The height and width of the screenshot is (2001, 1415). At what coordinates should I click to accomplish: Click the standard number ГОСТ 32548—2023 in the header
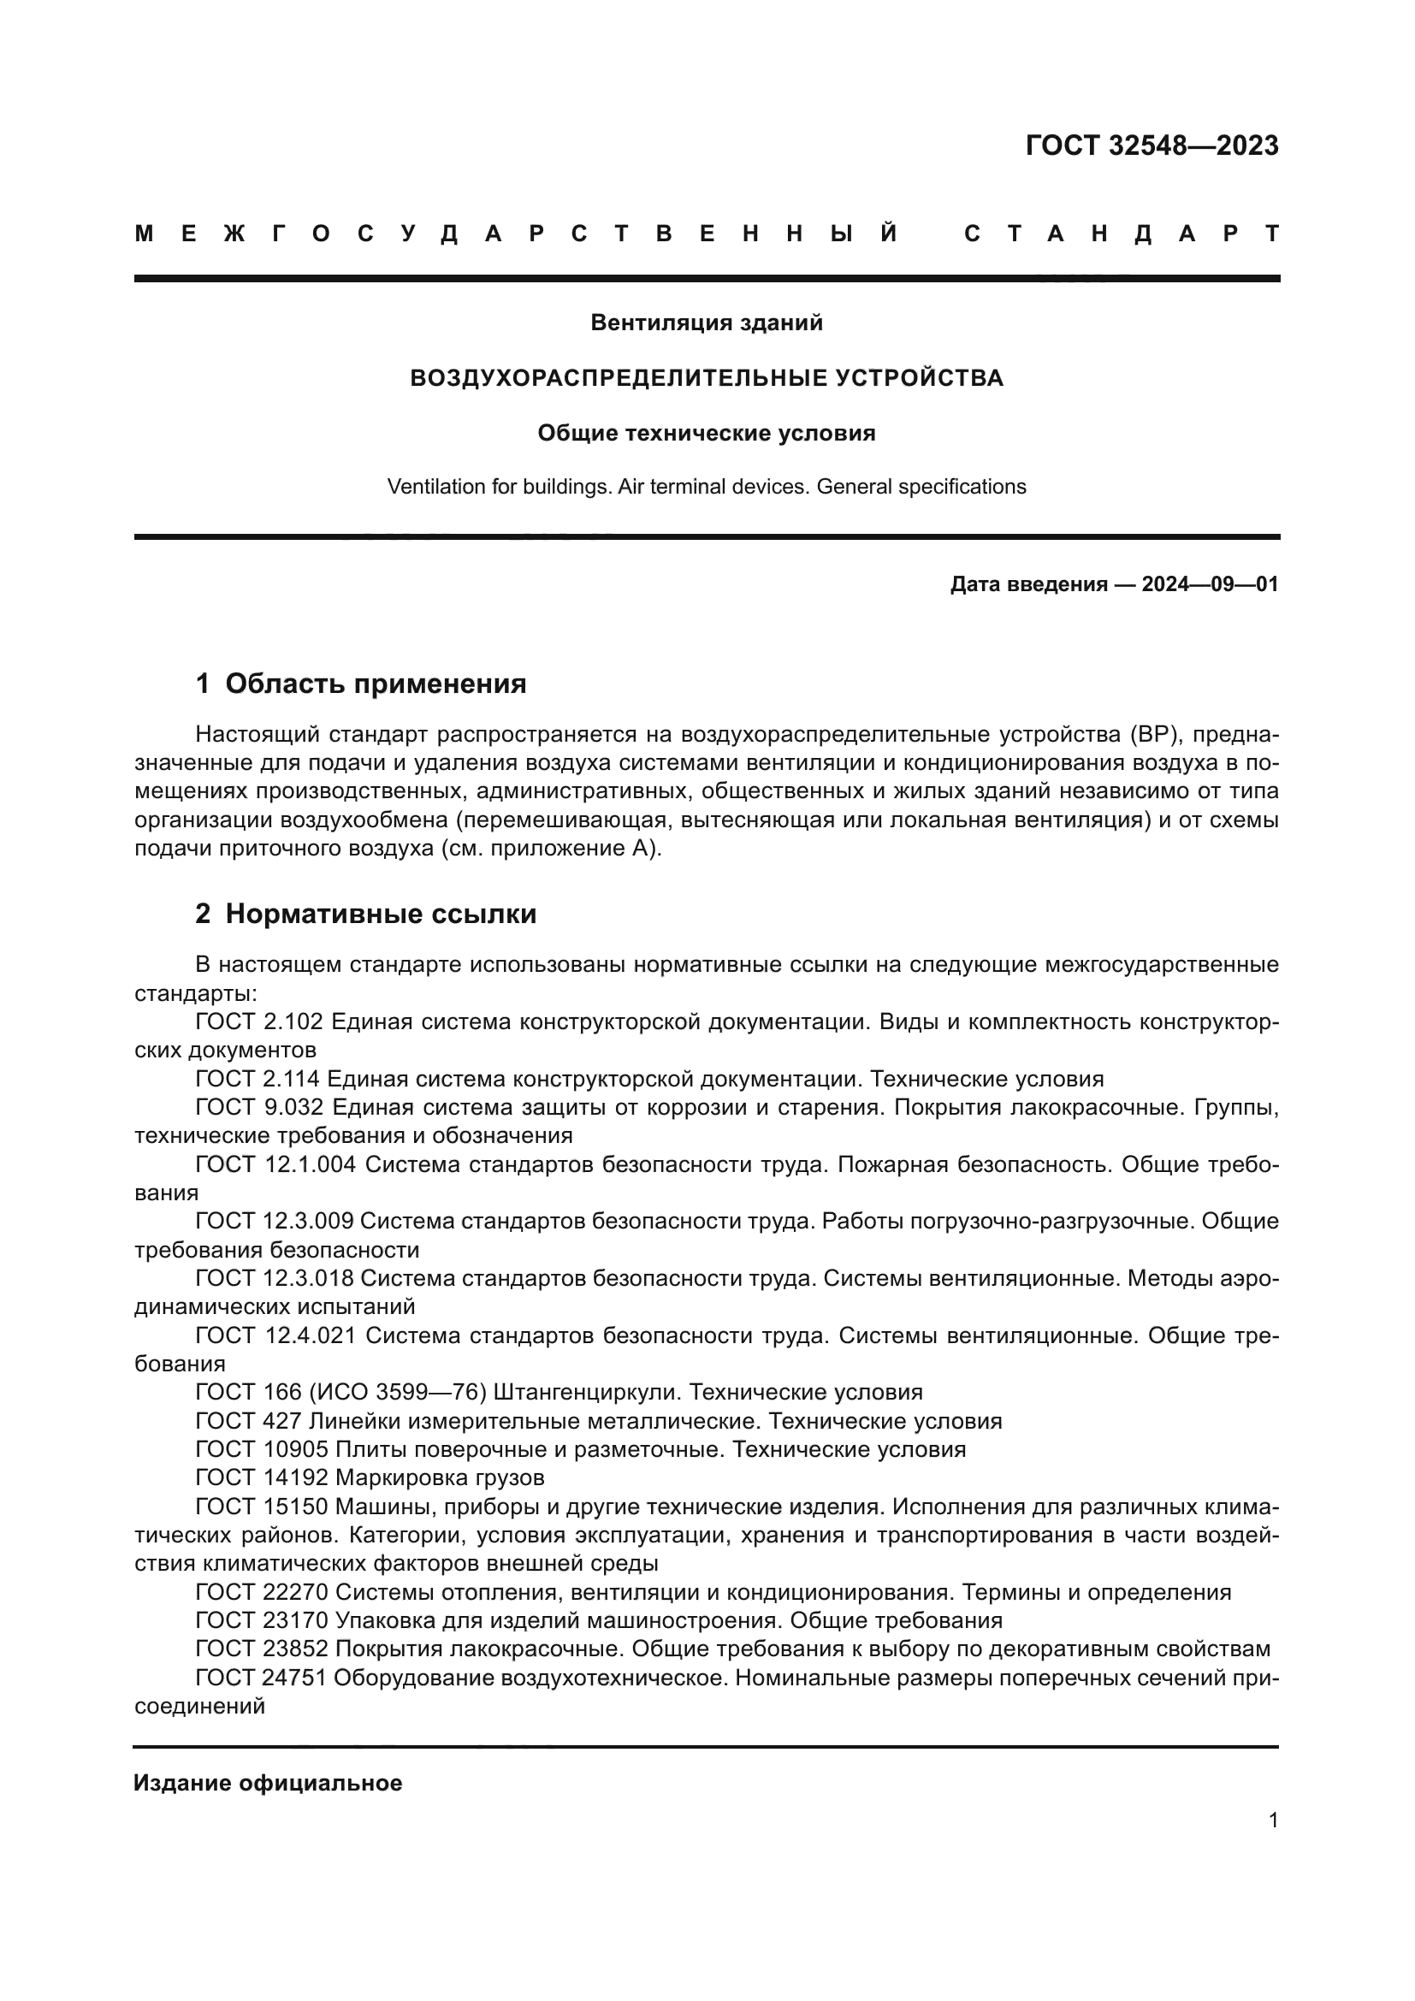1151,145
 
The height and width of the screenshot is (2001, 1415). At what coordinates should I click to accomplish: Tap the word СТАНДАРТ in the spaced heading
1122,234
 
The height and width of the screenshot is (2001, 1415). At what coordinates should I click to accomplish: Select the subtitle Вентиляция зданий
707,323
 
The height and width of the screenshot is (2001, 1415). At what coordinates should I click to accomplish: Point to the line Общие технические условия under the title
707,433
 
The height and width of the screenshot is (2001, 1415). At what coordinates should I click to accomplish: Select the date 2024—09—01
1210,584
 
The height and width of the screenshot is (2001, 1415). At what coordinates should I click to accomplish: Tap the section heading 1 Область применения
361,684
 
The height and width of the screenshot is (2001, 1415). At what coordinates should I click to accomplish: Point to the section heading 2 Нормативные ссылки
366,915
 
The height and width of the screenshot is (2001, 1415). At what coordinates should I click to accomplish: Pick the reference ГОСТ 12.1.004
275,1164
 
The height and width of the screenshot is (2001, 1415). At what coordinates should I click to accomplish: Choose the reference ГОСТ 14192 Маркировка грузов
370,1478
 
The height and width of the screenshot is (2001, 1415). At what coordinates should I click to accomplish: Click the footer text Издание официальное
268,1783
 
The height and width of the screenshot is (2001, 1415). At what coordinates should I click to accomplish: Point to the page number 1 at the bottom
1273,1820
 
